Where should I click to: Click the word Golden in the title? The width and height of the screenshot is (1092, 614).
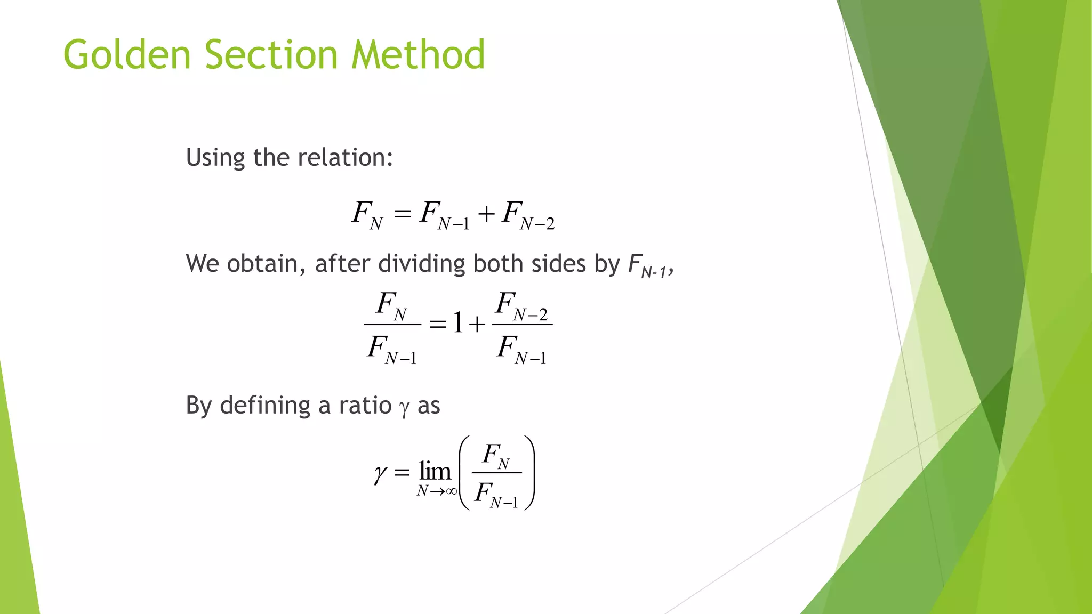tap(127, 55)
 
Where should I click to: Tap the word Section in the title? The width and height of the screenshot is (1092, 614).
tap(271, 55)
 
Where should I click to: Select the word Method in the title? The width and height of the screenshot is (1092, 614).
tap(418, 55)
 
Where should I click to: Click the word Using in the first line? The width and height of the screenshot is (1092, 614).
tap(215, 158)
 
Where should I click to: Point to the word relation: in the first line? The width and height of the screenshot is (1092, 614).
tap(345, 158)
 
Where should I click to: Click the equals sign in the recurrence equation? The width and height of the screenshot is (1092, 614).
tap(403, 214)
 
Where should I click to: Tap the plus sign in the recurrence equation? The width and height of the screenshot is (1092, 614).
tap(486, 214)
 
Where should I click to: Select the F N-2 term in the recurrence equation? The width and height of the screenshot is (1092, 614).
tap(528, 216)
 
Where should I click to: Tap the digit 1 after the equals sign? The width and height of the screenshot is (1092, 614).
tap(457, 323)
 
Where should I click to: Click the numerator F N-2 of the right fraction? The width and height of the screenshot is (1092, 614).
tap(521, 306)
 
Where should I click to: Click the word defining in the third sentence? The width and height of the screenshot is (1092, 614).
tap(265, 406)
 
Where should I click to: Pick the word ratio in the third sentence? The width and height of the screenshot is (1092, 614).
tap(365, 406)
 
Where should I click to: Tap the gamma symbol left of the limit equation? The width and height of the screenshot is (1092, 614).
tap(380, 473)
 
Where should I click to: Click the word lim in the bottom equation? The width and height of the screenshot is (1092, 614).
tap(435, 471)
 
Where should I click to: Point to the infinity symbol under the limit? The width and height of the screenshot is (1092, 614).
tap(451, 491)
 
